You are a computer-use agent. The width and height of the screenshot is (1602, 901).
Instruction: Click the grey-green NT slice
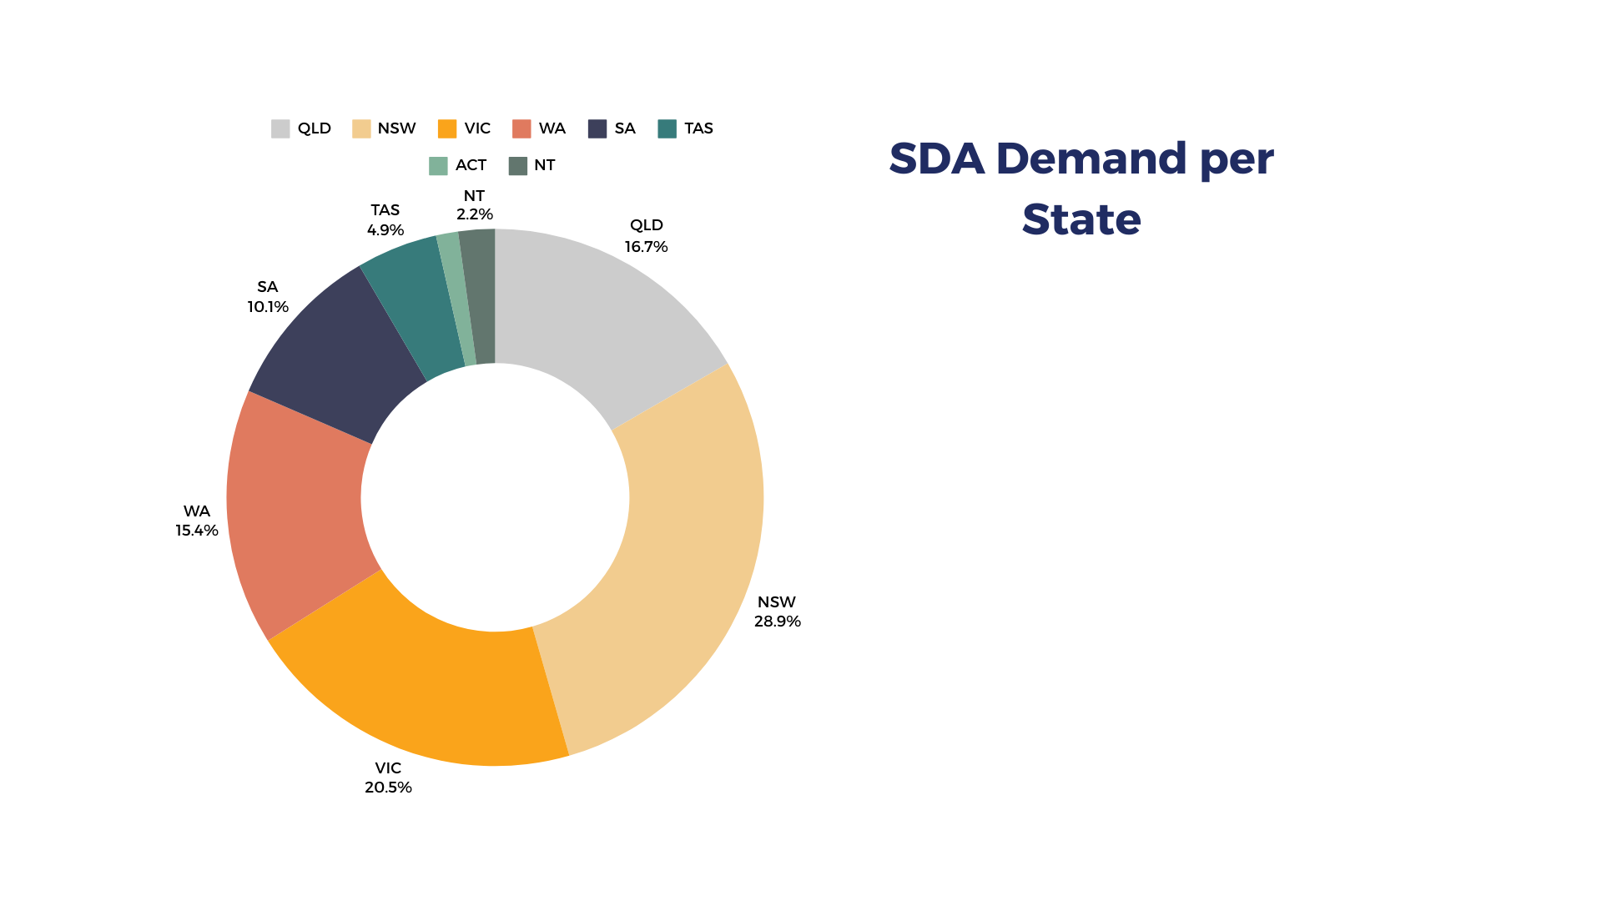(481, 296)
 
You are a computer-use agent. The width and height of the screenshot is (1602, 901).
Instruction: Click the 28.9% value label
(777, 622)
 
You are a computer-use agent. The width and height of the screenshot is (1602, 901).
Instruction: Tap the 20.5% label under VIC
(388, 788)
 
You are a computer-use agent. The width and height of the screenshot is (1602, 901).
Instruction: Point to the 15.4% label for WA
(197, 531)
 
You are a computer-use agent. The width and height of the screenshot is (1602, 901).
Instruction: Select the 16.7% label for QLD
(646, 247)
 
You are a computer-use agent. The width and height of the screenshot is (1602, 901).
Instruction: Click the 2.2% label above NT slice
(474, 214)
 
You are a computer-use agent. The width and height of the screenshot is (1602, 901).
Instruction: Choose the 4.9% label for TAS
(385, 230)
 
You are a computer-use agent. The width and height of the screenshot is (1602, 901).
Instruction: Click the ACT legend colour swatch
(438, 166)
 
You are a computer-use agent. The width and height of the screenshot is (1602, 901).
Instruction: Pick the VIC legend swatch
(447, 129)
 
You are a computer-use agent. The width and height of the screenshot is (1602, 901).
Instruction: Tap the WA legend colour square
(521, 129)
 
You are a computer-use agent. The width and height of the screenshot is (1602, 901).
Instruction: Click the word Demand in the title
(1091, 159)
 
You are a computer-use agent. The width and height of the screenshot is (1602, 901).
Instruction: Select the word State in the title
(1081, 220)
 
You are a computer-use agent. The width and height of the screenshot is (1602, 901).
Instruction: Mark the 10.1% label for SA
(268, 307)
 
